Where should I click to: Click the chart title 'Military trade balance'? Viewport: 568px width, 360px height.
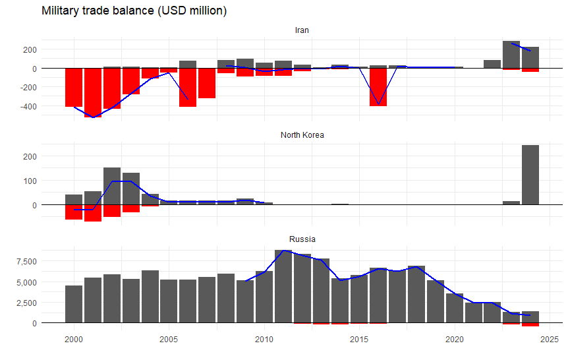pyautogui.click(x=134, y=11)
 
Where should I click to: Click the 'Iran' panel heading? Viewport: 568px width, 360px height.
pyautogui.click(x=302, y=30)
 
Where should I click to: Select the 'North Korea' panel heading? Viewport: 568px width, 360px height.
pyautogui.click(x=302, y=135)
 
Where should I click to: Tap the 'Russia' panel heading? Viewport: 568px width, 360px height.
pyautogui.click(x=302, y=239)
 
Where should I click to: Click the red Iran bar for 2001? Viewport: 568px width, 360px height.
pyautogui.click(x=93, y=92)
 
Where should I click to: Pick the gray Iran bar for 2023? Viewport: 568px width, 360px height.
pyautogui.click(x=511, y=54)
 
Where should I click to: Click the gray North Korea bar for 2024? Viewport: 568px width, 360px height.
pyautogui.click(x=530, y=175)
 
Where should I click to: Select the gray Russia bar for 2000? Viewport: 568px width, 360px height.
pyautogui.click(x=74, y=304)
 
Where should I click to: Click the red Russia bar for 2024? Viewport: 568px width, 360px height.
pyautogui.click(x=530, y=325)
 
